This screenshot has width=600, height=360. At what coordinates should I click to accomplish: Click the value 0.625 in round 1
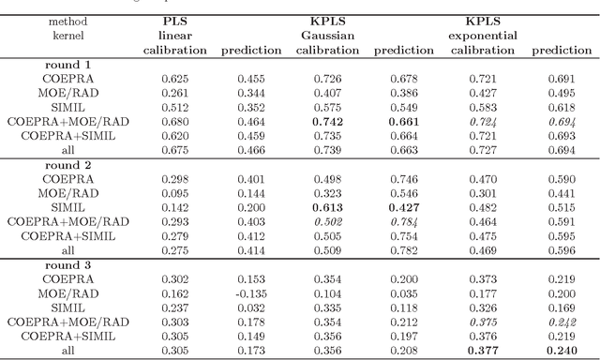[x=173, y=79]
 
